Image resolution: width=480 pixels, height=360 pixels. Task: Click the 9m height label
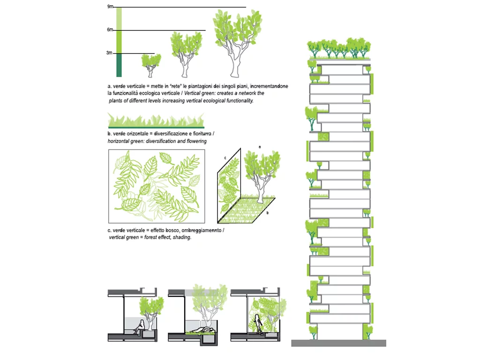pyautogui.click(x=110, y=7)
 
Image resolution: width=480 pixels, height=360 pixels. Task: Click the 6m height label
pyautogui.click(x=110, y=30)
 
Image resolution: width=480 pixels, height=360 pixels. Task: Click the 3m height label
pyautogui.click(x=110, y=53)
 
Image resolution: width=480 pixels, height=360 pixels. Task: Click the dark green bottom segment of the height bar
pyautogui.click(x=119, y=65)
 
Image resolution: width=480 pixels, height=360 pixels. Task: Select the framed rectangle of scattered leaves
pyautogui.click(x=156, y=186)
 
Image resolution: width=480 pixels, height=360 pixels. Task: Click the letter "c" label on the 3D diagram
pyautogui.click(x=225, y=158)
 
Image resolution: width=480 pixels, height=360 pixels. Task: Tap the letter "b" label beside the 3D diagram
pyautogui.click(x=267, y=212)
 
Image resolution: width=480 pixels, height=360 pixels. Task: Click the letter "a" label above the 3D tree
pyautogui.click(x=259, y=147)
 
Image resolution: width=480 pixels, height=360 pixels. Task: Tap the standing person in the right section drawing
pyautogui.click(x=257, y=324)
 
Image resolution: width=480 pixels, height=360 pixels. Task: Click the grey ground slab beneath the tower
pyautogui.click(x=338, y=343)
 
